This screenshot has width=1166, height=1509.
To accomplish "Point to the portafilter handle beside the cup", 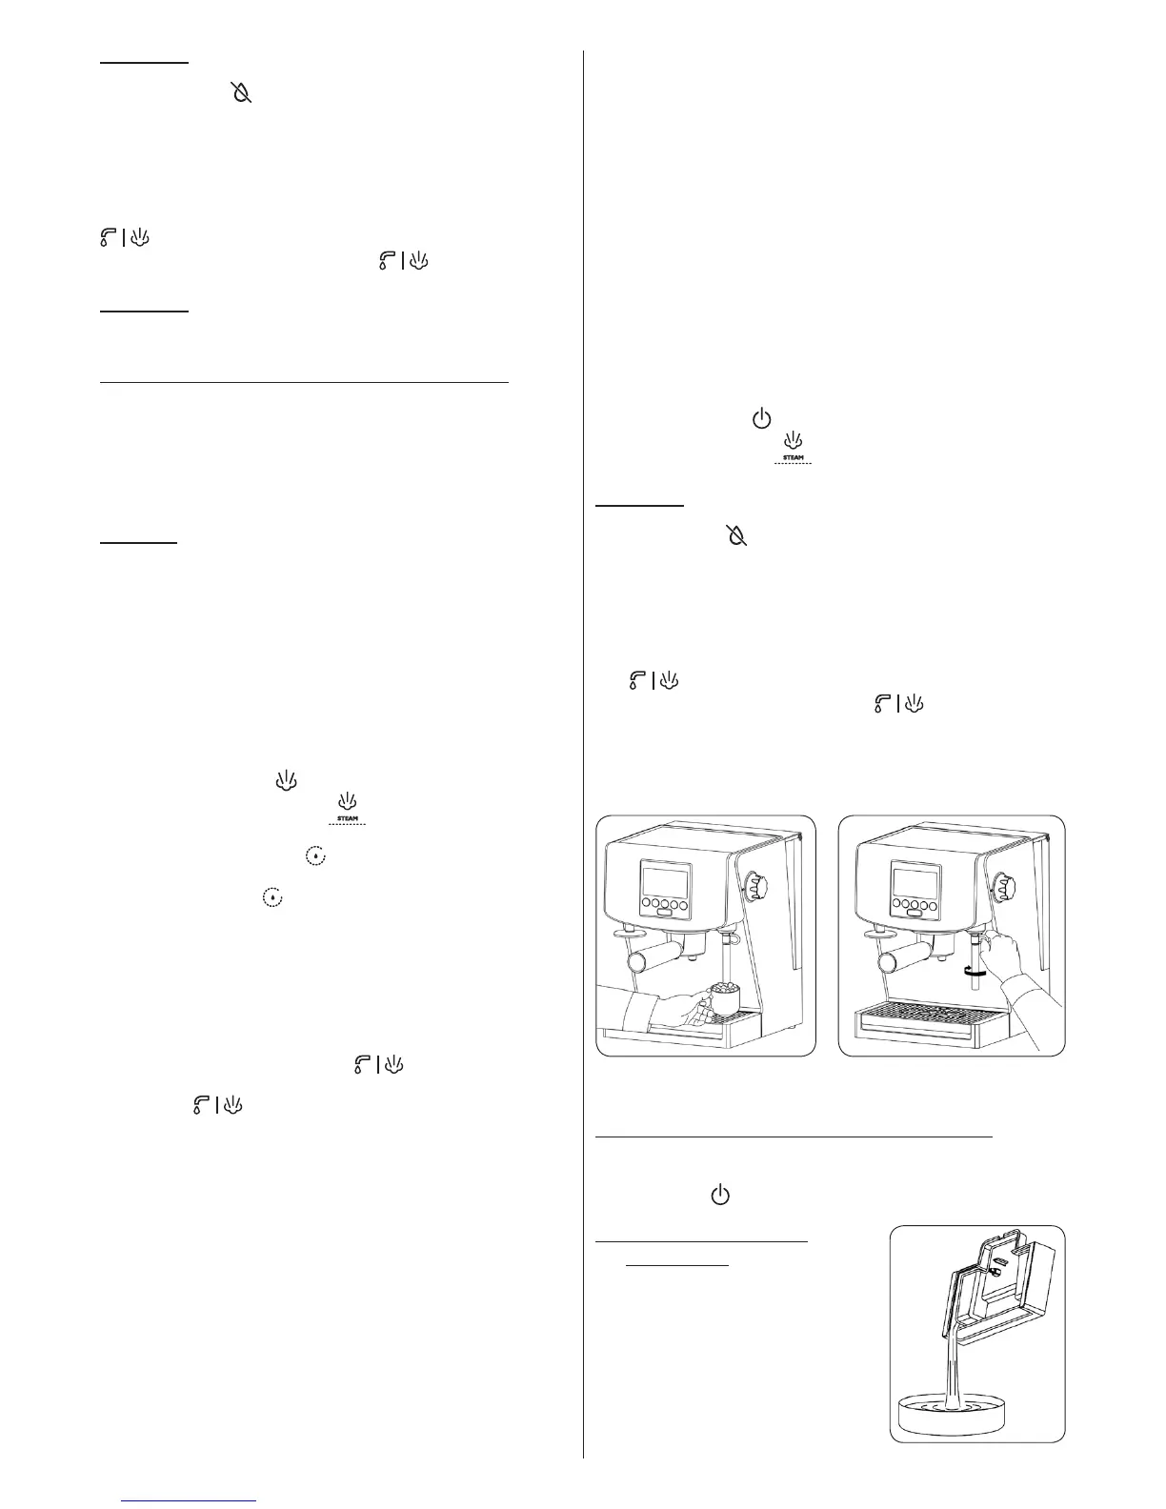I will [x=657, y=954].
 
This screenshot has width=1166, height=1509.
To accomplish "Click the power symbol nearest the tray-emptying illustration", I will [x=721, y=1195].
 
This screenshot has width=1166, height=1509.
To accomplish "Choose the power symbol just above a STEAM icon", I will [x=760, y=418].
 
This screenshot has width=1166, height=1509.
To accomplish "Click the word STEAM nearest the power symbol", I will [x=793, y=458].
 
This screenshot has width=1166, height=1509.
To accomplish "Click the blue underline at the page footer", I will [x=191, y=1500].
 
